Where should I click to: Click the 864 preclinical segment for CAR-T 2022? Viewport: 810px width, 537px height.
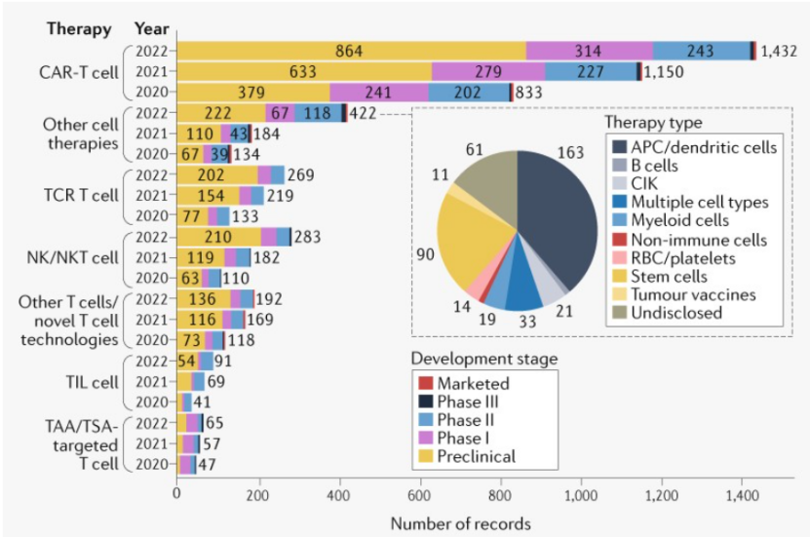click(351, 51)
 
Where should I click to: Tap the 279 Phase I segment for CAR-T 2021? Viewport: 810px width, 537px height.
click(487, 71)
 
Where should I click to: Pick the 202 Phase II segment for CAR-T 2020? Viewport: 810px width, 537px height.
click(469, 92)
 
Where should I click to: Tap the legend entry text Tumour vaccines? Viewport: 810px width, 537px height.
click(690, 294)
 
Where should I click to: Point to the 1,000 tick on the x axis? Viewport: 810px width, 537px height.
click(581, 495)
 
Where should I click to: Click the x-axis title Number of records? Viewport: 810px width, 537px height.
click(460, 523)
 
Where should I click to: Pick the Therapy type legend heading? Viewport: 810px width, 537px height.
click(652, 123)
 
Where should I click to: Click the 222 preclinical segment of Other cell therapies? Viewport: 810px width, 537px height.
click(219, 113)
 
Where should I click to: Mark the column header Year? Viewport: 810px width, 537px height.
click(151, 27)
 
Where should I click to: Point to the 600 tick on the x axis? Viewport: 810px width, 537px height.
click(419, 495)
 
